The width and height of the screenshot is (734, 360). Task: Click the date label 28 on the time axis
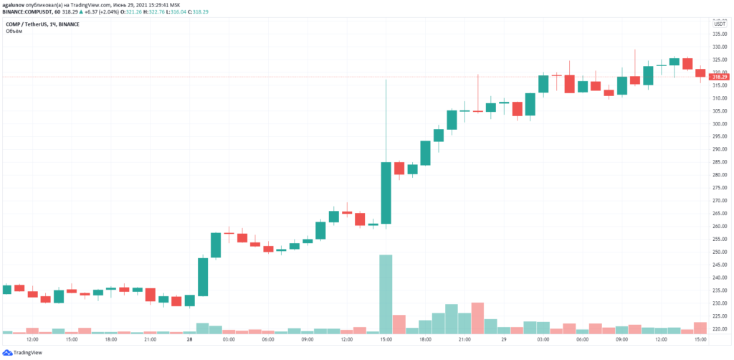[190, 339]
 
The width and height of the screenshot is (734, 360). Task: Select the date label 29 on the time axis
[505, 339]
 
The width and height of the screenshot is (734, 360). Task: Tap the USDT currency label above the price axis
[719, 24]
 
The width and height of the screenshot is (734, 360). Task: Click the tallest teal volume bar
[386, 294]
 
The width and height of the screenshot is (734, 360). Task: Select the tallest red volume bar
[477, 318]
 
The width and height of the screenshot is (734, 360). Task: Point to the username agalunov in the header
[16, 4]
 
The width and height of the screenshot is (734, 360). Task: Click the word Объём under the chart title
[14, 31]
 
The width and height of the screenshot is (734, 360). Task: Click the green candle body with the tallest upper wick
[386, 192]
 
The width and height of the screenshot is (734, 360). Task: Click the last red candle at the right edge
[700, 72]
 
